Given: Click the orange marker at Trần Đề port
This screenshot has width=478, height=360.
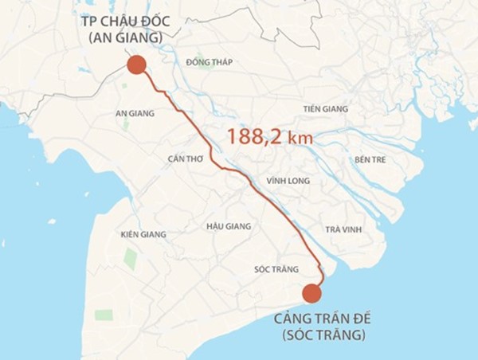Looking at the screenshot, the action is pos(311,293).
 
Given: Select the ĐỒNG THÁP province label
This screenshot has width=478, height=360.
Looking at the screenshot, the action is pos(209,62).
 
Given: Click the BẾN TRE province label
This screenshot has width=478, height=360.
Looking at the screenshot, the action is pos(370,159).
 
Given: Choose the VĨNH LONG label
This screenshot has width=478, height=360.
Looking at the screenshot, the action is pos(288,181).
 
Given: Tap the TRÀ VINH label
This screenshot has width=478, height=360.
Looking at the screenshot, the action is pos(343,229).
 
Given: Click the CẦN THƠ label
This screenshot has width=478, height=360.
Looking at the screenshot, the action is pos(186,159).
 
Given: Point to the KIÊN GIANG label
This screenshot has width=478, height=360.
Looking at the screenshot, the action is pos(143,234).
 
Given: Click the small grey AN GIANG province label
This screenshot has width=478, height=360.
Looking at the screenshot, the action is pos(135,114).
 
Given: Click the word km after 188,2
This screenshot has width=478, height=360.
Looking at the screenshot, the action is pos(300,139).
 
